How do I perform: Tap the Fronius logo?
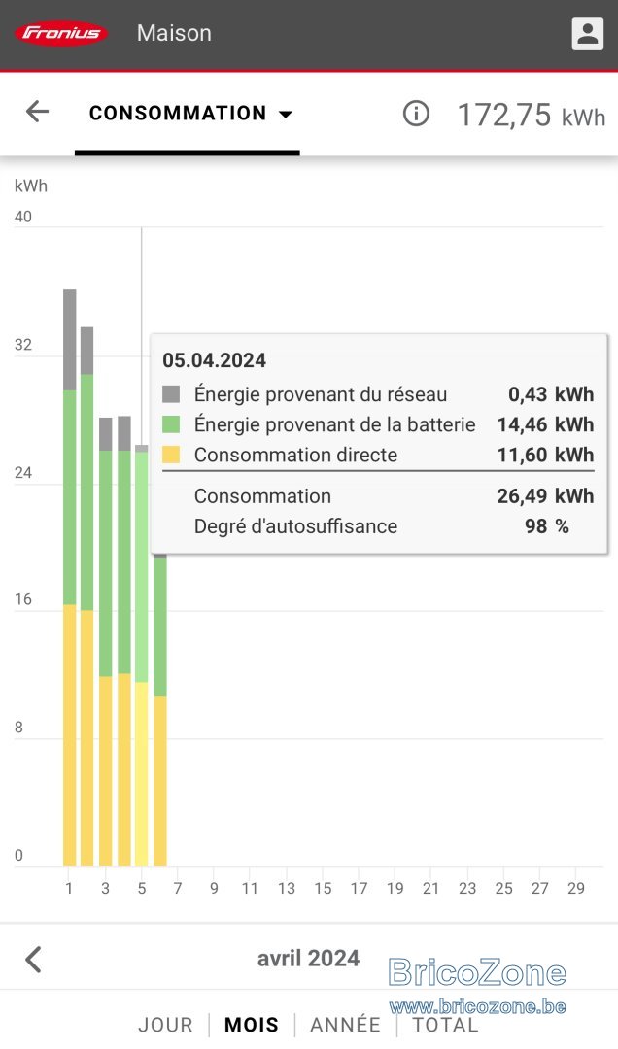(x=61, y=33)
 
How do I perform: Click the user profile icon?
(x=587, y=33)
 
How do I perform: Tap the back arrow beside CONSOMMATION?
(x=38, y=112)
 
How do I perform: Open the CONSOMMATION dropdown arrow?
(x=286, y=115)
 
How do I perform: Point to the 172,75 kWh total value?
(x=532, y=115)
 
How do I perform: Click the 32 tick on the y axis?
(x=22, y=345)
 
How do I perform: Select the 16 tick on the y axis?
(x=22, y=599)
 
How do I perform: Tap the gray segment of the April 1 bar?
(x=70, y=340)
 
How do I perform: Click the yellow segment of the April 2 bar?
(x=87, y=738)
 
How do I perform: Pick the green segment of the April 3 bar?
(x=106, y=563)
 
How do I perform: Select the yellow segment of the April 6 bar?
(x=160, y=781)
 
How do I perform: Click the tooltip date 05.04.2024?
(x=214, y=360)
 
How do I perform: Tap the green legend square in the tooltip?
(x=171, y=424)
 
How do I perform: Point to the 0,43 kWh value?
(x=551, y=394)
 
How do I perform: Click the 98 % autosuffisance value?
(x=547, y=526)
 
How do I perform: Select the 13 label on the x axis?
(x=287, y=889)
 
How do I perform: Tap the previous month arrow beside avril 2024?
(x=33, y=960)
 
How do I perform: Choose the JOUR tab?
(x=165, y=1025)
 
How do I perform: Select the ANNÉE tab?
(x=346, y=1025)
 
